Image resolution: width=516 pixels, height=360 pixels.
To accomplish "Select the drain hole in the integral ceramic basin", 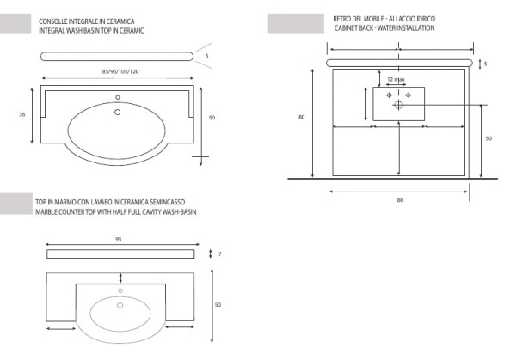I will tap(119, 111).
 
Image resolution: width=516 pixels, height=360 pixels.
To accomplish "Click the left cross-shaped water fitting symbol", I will tap(389, 95).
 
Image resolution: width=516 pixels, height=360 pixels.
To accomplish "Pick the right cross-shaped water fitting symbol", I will tap(408, 95).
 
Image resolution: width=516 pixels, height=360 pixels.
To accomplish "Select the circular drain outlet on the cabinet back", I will tap(398, 105).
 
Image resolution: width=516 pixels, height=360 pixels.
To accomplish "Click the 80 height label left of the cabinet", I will tap(302, 118).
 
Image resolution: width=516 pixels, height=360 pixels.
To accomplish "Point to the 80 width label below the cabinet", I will tap(400, 200).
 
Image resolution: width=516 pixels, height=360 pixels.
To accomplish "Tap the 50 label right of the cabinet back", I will tap(488, 137).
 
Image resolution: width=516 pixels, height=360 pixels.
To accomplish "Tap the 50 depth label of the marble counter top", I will tap(218, 304).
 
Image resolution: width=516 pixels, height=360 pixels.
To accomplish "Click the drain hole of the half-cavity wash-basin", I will tap(120, 291).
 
